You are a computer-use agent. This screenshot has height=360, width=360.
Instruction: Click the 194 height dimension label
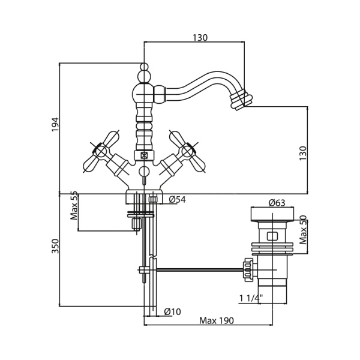55,124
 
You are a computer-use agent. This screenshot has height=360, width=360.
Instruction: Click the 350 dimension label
55,245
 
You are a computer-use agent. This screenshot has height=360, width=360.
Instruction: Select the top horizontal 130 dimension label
199,37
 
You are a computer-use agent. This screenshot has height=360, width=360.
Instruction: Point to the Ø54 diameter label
177,200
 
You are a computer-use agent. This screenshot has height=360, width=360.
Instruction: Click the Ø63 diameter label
276,203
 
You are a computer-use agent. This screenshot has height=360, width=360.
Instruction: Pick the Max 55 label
74,206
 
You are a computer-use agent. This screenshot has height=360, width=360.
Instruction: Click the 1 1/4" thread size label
250,298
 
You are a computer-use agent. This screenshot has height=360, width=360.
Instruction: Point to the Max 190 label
217,320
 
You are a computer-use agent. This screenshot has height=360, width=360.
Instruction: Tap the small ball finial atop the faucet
144,67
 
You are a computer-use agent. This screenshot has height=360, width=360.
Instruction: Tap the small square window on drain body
272,236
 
